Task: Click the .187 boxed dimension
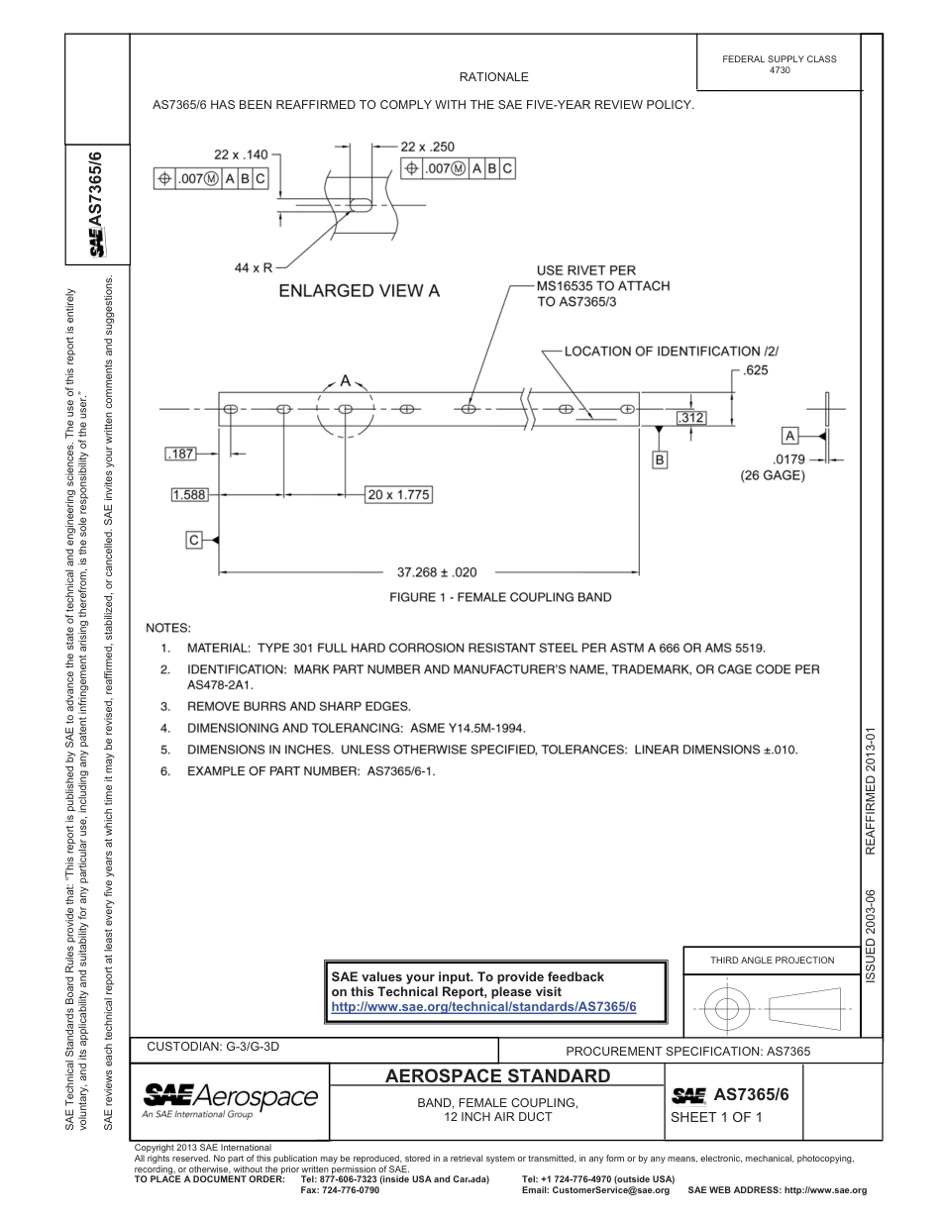181,454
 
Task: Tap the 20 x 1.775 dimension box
398,494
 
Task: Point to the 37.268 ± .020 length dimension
437,571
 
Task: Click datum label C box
194,540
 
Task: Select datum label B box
660,459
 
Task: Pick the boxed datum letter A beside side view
789,435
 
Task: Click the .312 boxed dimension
691,418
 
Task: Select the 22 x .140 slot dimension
241,154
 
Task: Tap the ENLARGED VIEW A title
359,290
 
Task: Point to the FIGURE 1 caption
500,597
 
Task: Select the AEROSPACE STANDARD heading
496,1076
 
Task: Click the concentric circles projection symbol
727,1010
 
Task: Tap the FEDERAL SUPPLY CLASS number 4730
780,71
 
